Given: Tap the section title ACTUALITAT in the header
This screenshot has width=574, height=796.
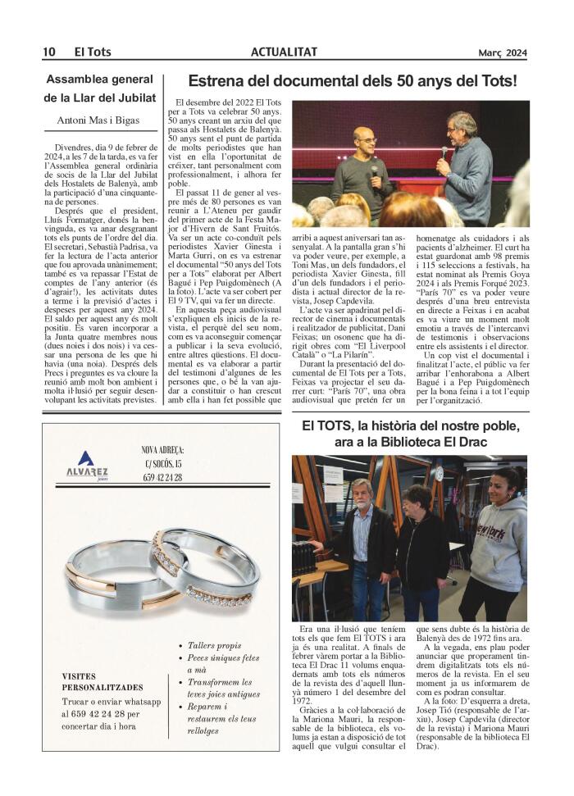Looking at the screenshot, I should point(285,52).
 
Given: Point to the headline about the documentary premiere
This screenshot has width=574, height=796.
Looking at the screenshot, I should point(353,81).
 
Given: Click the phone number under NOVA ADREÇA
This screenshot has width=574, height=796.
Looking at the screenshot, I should point(162,477).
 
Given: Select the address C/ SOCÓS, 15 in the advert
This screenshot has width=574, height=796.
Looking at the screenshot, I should point(162,463).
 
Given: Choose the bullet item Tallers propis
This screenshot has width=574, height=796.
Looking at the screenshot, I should point(215,645).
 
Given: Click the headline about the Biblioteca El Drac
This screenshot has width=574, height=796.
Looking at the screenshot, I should point(410,434).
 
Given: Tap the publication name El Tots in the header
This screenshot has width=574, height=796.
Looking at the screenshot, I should point(93,52).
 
